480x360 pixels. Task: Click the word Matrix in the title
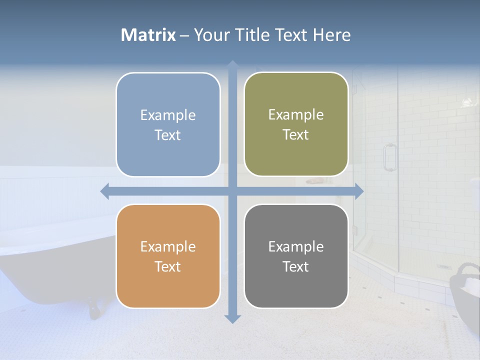click(x=148, y=35)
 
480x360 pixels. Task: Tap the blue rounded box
click(x=168, y=124)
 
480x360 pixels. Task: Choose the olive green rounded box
click(x=296, y=124)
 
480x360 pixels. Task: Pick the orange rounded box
click(x=168, y=256)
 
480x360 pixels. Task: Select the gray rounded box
click(x=296, y=256)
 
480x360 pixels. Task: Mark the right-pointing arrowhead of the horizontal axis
click(x=359, y=191)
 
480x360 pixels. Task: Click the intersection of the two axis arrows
click(x=232, y=191)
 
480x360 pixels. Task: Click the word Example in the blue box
click(x=168, y=115)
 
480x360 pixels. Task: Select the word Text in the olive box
click(x=296, y=135)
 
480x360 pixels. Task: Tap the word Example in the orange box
click(x=168, y=246)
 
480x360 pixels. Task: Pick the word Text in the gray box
click(x=296, y=266)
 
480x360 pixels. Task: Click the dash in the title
click(x=184, y=35)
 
